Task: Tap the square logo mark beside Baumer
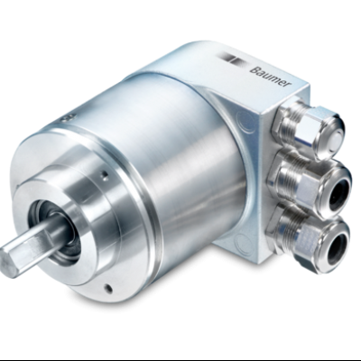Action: [x=237, y=59]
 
